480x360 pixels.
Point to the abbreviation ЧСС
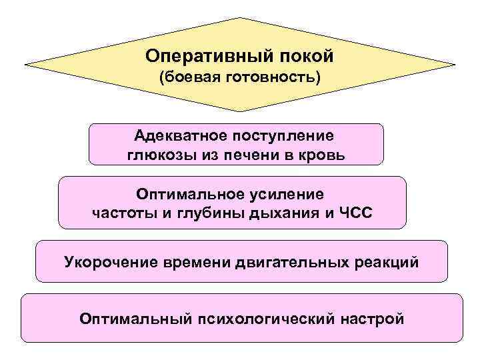coord(355,213)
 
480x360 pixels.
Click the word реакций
coord(389,261)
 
